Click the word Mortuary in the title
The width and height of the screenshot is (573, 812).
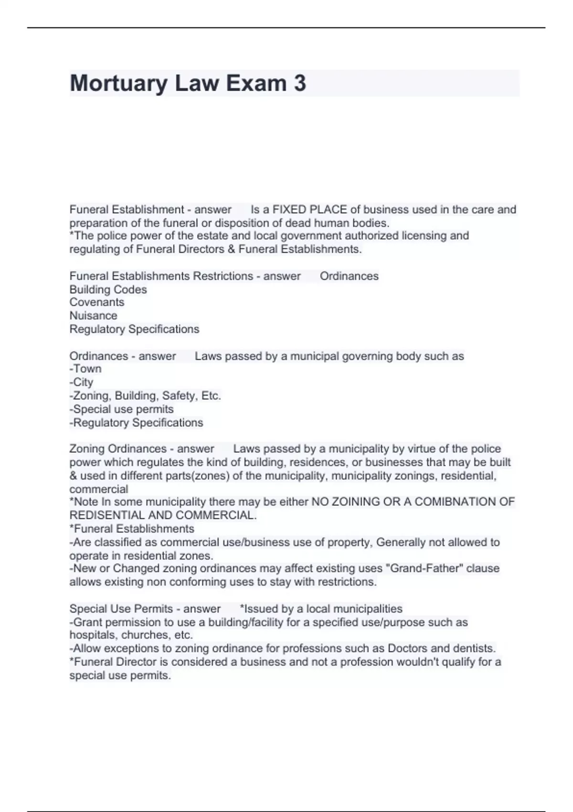118,84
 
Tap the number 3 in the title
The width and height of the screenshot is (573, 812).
299,83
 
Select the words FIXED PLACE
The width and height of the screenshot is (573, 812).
309,210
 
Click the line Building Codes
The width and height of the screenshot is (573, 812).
108,289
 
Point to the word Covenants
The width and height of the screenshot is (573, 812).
96,302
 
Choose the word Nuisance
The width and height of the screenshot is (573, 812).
93,316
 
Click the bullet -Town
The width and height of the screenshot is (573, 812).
85,369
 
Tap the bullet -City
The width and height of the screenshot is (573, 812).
81,382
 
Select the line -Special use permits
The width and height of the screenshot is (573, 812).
121,409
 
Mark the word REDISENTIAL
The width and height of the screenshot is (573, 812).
107,515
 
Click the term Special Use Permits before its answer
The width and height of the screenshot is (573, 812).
121,609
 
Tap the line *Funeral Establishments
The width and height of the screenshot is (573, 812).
132,529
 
